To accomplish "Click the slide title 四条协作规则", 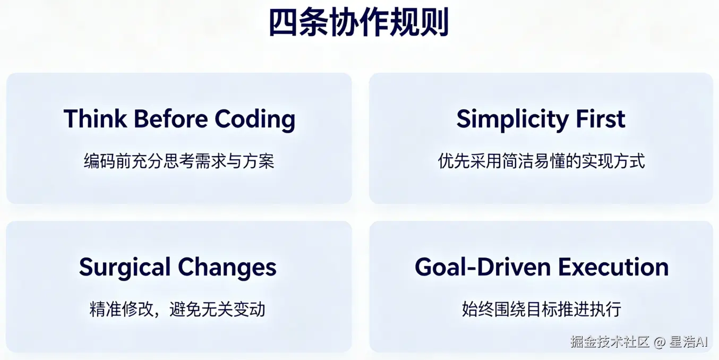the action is (x=359, y=22).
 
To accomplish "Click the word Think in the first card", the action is (x=95, y=119).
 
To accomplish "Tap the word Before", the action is (x=171, y=119).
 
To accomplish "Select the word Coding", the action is (x=255, y=120).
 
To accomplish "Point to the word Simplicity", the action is (x=512, y=120).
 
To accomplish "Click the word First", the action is (x=601, y=119).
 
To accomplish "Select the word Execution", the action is (x=614, y=267).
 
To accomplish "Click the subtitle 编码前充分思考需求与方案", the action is (x=179, y=161).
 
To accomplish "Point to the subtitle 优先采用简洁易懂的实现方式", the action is (x=541, y=161).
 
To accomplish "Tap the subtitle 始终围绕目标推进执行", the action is (x=542, y=309).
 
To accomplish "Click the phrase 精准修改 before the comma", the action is (x=121, y=309).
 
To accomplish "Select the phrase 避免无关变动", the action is (x=217, y=309).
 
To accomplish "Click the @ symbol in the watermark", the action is (x=660, y=342).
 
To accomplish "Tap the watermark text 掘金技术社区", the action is (x=610, y=342).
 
